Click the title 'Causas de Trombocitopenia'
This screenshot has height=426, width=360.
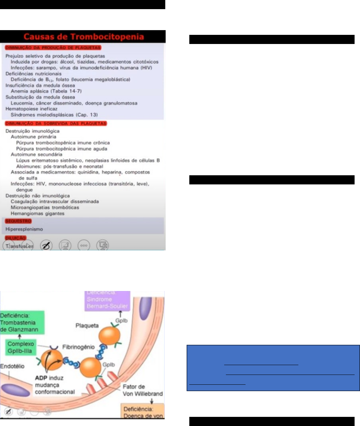83,37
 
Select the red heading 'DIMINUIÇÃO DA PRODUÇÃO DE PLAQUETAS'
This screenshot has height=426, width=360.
53,48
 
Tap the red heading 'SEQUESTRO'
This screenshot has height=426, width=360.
18,221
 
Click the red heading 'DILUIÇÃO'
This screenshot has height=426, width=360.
16,238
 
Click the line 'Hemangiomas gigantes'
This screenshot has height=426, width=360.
37,214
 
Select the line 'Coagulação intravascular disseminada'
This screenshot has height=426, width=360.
55,201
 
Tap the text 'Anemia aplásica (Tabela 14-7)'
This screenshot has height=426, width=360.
46,91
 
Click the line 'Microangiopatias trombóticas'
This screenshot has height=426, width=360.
45,207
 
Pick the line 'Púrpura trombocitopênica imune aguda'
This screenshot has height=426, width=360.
62,149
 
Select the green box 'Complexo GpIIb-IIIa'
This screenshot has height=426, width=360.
21,347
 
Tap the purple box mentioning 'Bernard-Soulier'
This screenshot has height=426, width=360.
107,300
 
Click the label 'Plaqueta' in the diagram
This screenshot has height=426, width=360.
87,326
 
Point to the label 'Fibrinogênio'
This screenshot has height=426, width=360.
78,347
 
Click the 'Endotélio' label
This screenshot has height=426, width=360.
12,366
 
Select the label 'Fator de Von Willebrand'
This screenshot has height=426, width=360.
143,390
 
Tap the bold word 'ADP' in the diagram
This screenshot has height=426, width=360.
41,378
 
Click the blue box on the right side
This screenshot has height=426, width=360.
273,368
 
